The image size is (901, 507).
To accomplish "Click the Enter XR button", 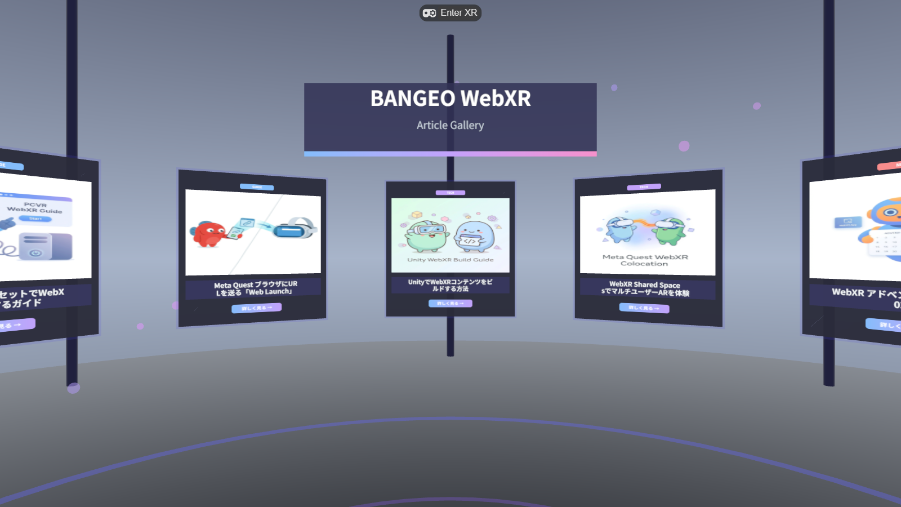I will pos(450,13).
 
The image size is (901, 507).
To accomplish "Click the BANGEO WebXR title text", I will pos(450,99).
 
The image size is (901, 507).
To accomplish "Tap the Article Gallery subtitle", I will pos(450,125).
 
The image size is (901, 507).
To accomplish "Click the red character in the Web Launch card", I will pos(208,234).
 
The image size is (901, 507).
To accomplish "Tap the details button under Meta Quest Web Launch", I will pos(256,308).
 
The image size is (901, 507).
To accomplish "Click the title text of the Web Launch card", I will pos(255,288).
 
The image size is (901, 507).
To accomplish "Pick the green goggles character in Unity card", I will pos(427,235).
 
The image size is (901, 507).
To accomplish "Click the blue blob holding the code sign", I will pos(474,235).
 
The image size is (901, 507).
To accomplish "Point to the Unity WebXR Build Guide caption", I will pos(450,260).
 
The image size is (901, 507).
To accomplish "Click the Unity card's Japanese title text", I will pos(450,285).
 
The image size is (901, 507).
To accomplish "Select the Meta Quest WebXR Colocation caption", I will pos(645,260).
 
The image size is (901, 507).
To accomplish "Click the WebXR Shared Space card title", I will pos(645,288).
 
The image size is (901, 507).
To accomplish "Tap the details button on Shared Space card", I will pos(644,308).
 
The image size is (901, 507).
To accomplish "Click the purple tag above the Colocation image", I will pos(644,187).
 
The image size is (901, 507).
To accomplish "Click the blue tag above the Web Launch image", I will pos(257,187).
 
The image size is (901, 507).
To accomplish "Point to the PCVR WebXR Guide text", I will pos(35,207).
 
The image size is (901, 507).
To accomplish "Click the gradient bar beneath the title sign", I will pos(450,154).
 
